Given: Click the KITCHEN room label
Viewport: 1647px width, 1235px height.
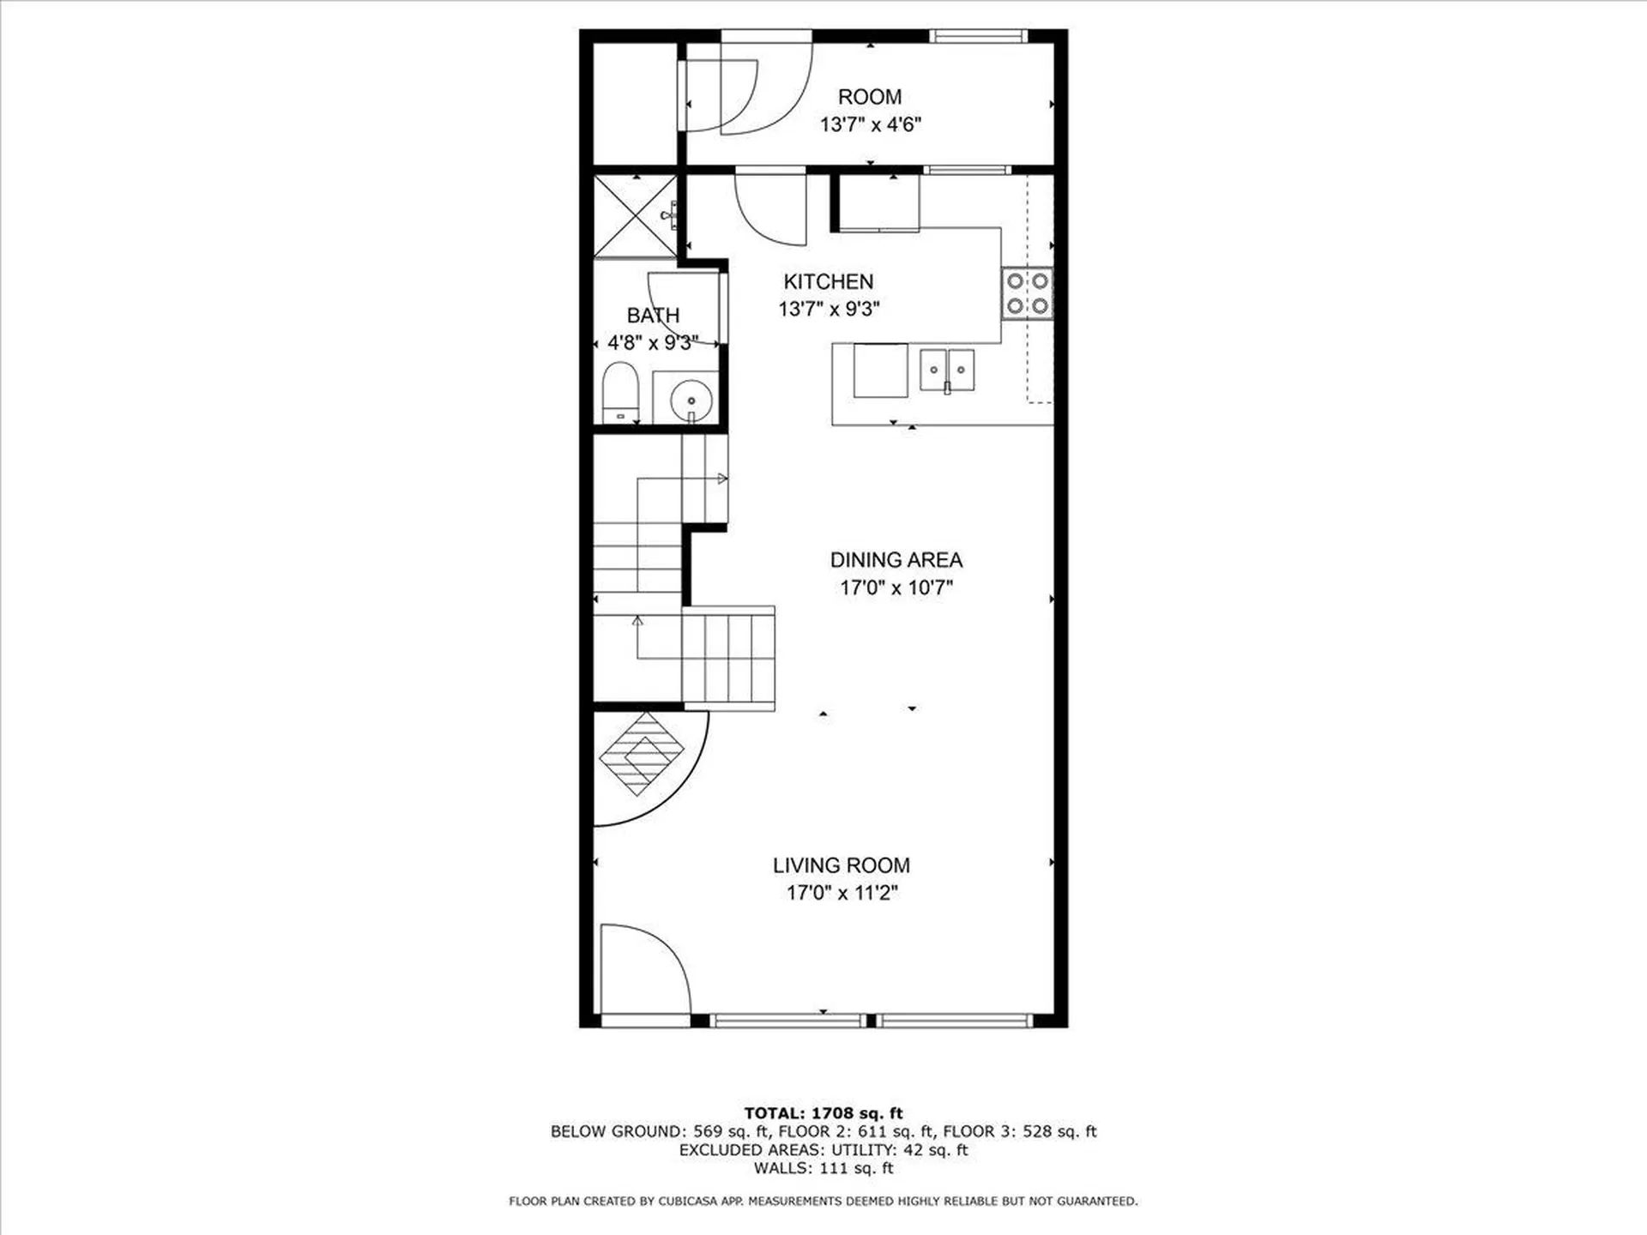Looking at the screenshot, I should [x=828, y=281].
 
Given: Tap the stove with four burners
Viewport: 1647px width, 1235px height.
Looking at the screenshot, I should [x=1027, y=293].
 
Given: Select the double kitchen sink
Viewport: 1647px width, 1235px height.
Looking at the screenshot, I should [x=947, y=370].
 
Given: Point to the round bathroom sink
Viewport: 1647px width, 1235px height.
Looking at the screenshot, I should [x=691, y=400].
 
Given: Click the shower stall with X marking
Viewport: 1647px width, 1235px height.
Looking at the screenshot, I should [x=636, y=216].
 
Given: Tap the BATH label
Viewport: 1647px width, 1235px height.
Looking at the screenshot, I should [x=653, y=316].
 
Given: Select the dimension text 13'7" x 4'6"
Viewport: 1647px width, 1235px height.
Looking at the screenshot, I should [x=870, y=125].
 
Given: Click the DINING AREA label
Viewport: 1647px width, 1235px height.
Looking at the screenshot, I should [x=896, y=560].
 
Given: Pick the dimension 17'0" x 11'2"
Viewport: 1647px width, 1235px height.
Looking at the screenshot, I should [x=842, y=893].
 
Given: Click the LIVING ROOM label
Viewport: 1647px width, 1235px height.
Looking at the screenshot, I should [x=841, y=865].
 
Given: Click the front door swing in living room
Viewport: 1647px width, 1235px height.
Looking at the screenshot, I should [x=643, y=969].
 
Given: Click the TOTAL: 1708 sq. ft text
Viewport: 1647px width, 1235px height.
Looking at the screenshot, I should [x=823, y=1113].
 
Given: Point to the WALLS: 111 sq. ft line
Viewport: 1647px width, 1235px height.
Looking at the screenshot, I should [x=823, y=1168].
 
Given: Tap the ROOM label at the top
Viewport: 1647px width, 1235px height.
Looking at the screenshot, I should [x=869, y=97].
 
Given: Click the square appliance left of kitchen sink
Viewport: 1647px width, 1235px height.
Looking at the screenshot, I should [x=880, y=370].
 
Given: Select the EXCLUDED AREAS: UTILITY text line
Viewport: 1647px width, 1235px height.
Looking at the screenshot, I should [x=823, y=1150].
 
